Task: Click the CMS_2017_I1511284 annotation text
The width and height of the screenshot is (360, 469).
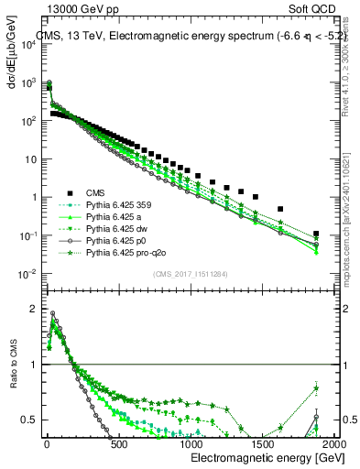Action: pyautogui.click(x=190, y=274)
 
